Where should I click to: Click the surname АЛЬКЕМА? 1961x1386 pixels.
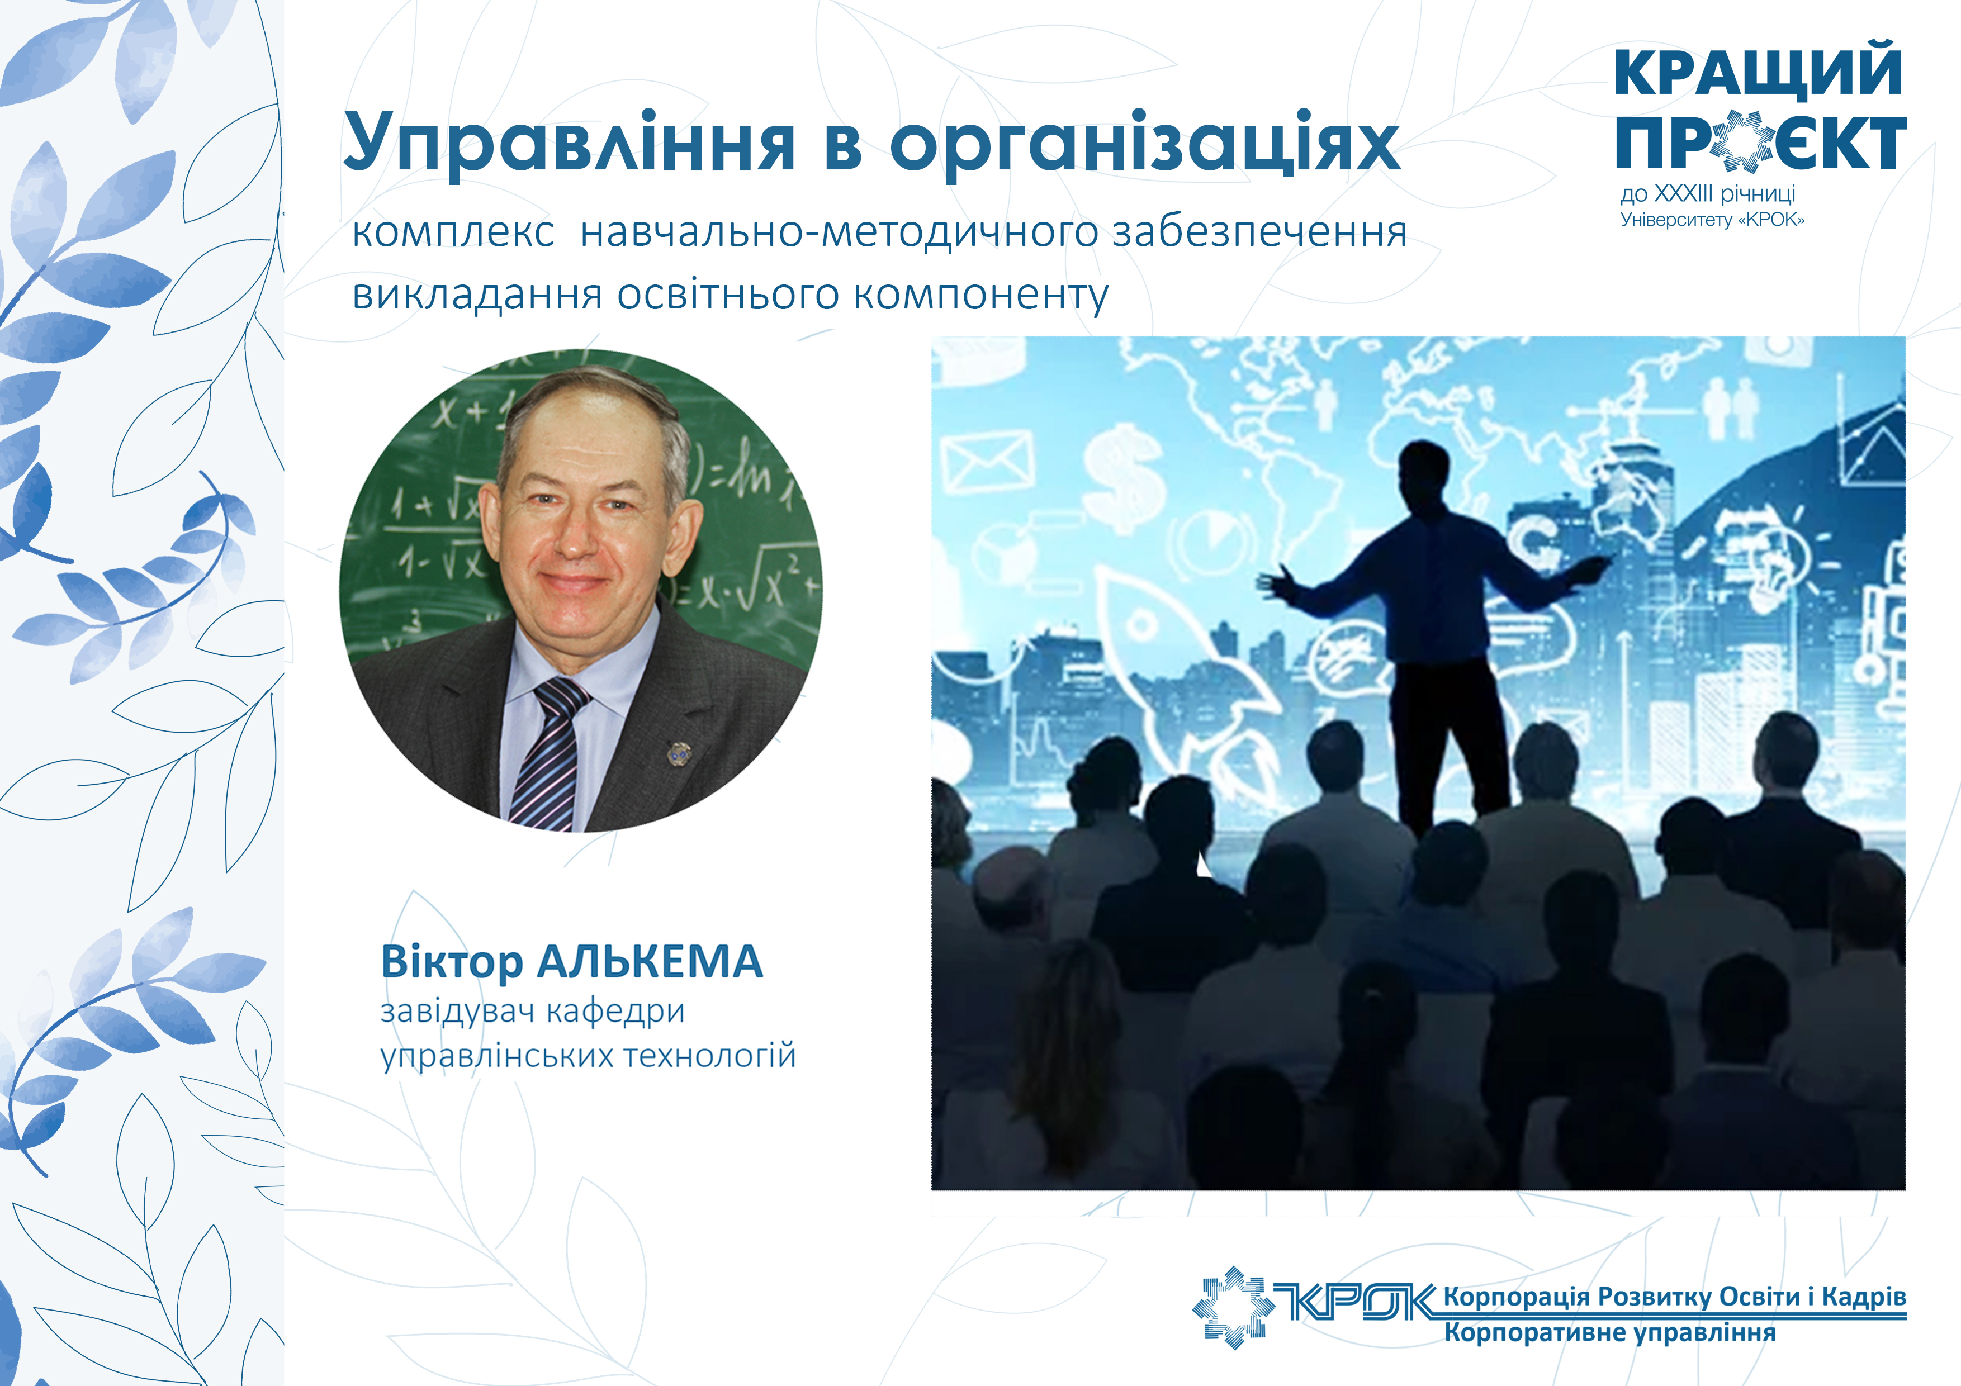coord(649,962)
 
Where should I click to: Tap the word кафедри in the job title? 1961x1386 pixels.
coord(615,1012)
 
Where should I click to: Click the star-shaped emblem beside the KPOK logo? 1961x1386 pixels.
coord(1233,1307)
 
